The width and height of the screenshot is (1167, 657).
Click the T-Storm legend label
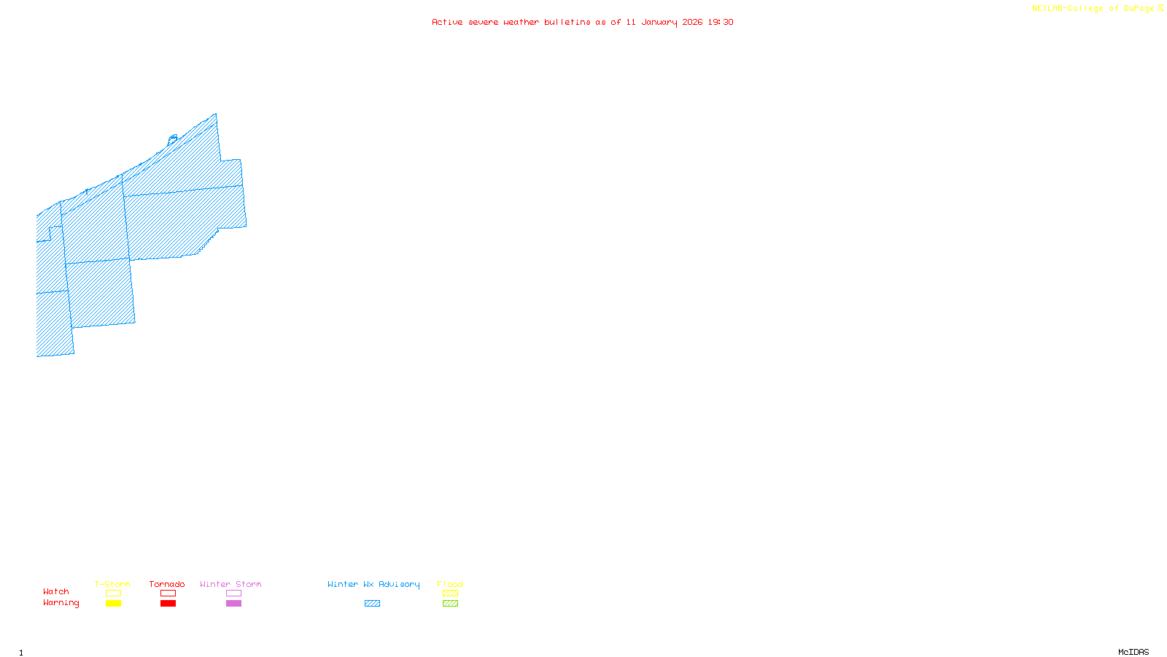[112, 584]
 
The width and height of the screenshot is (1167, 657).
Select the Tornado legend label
[167, 584]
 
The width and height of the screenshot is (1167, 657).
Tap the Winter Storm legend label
[230, 584]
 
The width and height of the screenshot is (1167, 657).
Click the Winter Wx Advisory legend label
[373, 584]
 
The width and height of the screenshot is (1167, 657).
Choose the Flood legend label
[450, 584]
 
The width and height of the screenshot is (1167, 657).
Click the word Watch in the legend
[56, 591]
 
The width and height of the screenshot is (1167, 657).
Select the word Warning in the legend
[61, 603]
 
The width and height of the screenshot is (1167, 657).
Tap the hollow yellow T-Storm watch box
[113, 593]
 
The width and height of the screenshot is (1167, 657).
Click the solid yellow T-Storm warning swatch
[113, 604]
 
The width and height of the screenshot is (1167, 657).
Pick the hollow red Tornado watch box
[168, 593]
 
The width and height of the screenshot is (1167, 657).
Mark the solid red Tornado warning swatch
[168, 604]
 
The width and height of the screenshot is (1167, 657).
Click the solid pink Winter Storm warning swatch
[233, 604]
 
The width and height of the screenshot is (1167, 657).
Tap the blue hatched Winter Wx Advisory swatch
[372, 604]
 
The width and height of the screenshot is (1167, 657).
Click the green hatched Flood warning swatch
[450, 604]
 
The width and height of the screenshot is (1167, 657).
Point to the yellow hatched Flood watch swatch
[450, 593]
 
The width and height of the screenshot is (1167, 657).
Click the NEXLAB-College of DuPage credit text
[1093, 9]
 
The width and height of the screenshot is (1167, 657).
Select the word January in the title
[659, 22]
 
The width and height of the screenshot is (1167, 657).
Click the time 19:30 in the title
[721, 22]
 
